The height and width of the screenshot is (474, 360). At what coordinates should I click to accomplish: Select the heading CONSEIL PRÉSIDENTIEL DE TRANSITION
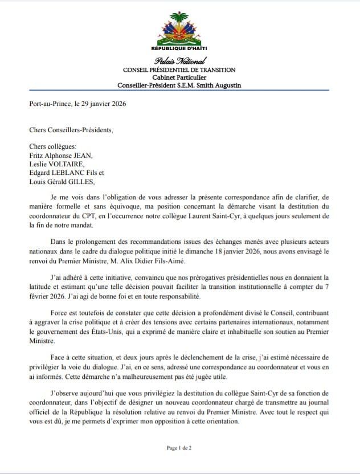179,70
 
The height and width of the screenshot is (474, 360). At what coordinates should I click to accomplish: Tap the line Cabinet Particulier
179,77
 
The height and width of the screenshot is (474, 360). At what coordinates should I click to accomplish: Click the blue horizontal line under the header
179,91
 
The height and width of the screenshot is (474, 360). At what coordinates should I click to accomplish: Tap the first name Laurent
210,216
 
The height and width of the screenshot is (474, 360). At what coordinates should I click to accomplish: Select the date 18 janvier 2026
264,250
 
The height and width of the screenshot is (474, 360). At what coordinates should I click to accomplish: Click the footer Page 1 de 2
179,448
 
